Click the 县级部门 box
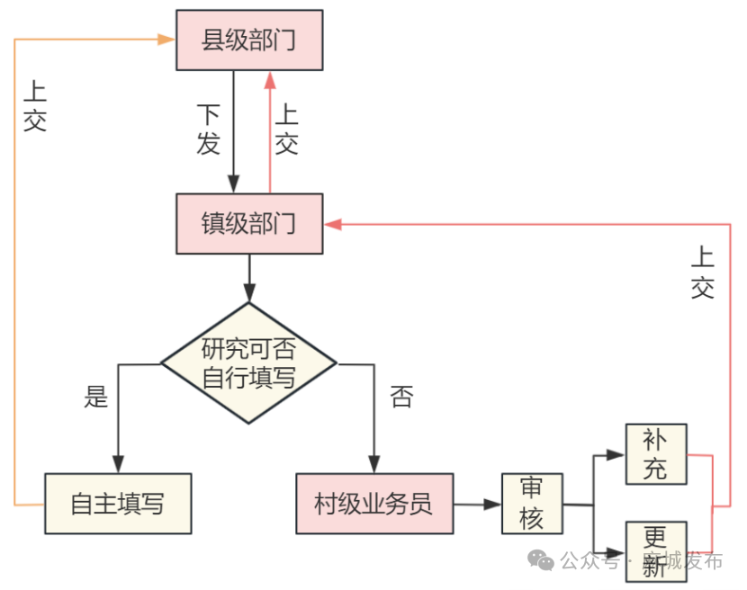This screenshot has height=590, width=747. pos(248,40)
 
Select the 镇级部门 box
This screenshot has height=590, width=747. pos(248,223)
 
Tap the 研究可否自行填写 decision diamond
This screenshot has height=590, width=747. pos(248,363)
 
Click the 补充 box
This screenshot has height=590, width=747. pos(656,454)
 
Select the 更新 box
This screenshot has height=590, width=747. pos(656,550)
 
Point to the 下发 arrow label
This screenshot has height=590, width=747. pos(209,130)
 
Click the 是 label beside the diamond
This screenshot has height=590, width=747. pos(95,397)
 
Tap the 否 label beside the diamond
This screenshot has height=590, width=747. pos(401,397)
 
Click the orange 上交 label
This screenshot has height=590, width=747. pos(35,106)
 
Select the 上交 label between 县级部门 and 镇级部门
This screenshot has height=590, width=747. pos(286,130)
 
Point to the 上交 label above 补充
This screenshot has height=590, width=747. pos(703,273)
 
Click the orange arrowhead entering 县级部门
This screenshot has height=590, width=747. pos(166,40)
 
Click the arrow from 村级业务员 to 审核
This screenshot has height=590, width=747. pos(477,505)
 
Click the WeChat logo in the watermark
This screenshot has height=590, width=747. pos(542,561)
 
